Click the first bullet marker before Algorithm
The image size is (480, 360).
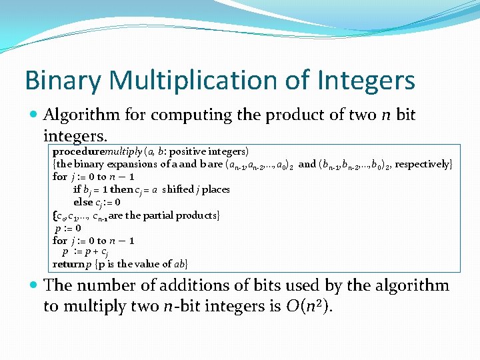pyautogui.click(x=33, y=115)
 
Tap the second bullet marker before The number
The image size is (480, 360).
pyautogui.click(x=33, y=286)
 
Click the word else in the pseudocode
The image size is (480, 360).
pyautogui.click(x=83, y=202)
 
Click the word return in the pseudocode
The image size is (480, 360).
pyautogui.click(x=68, y=264)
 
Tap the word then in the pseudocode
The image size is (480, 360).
pyautogui.click(x=122, y=189)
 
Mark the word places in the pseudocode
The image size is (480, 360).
pyautogui.click(x=216, y=189)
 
